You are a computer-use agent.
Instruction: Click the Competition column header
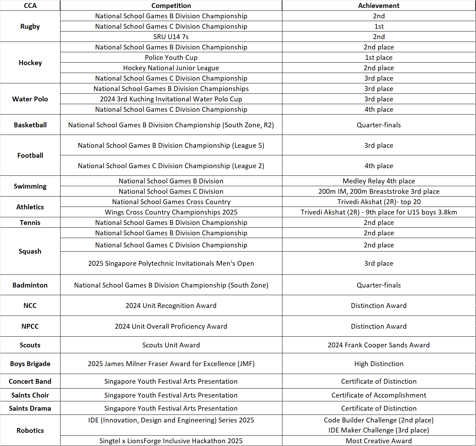pyautogui.click(x=171, y=6)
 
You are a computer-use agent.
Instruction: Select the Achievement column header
pyautogui.click(x=379, y=6)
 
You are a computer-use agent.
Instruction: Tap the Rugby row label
pyautogui.click(x=30, y=26)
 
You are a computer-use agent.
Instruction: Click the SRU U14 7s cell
pyautogui.click(x=171, y=37)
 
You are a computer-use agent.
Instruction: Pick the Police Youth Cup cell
pyautogui.click(x=171, y=57)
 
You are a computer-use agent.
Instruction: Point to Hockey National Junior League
pyautogui.click(x=171, y=68)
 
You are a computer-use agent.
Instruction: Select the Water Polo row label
pyautogui.click(x=30, y=99)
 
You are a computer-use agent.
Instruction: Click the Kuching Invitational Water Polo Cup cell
pyautogui.click(x=171, y=99)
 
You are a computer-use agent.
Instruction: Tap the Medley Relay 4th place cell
pyautogui.click(x=379, y=181)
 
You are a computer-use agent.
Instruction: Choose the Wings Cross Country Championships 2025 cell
pyautogui.click(x=171, y=212)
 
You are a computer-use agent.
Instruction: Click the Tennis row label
pyautogui.click(x=30, y=222)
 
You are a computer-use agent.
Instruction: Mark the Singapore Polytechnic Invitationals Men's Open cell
pyautogui.click(x=171, y=263)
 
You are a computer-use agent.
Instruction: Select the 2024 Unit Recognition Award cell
pyautogui.click(x=171, y=306)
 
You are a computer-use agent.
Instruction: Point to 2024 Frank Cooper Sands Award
pyautogui.click(x=379, y=345)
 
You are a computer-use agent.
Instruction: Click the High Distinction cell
pyautogui.click(x=379, y=364)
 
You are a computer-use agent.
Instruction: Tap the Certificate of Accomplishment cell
pyautogui.click(x=379, y=395)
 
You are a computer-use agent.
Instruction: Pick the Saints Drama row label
pyautogui.click(x=30, y=408)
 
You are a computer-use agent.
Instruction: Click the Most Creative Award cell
pyautogui.click(x=379, y=441)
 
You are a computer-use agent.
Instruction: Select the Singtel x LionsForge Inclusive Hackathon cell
pyautogui.click(x=171, y=441)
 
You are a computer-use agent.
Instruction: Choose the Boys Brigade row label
pyautogui.click(x=30, y=364)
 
